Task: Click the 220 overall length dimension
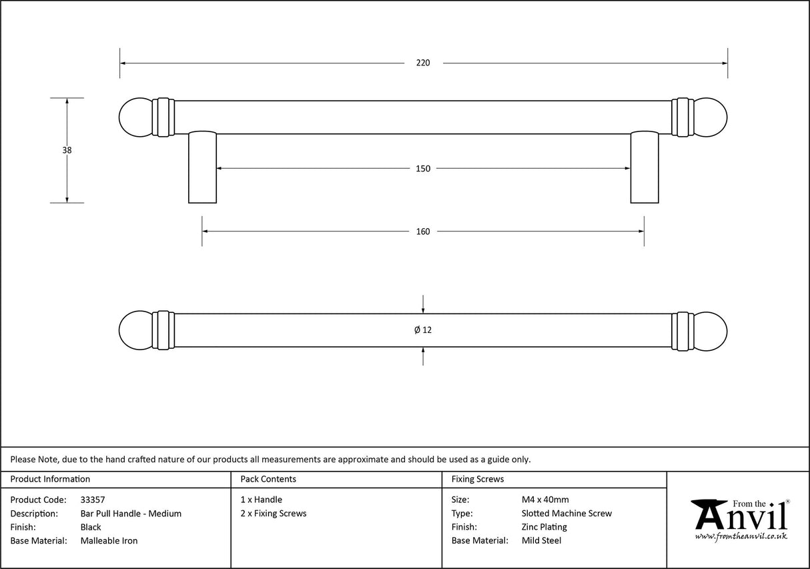pos(423,63)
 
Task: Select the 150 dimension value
pos(423,169)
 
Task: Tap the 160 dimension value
pos(423,231)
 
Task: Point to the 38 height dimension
pos(67,151)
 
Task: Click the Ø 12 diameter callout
pos(423,330)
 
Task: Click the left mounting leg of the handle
pos(202,167)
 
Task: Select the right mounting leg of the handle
pos(644,167)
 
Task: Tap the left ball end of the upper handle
pos(136,118)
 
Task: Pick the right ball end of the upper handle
pos(710,118)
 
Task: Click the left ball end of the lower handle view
pos(136,330)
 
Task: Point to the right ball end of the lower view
pos(710,330)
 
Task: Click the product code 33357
pos(92,500)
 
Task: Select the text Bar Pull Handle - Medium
pos(131,514)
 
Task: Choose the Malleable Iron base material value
pos(109,541)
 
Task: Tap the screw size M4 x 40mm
pos(545,500)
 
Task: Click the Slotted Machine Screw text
pos(566,514)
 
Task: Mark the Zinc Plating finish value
pos(544,527)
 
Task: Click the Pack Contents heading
pos(268,479)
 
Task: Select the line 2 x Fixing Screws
pos(274,514)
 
